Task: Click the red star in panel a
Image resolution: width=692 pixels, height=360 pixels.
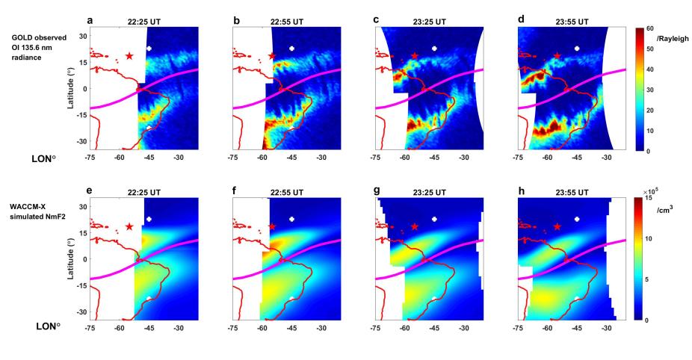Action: point(129,56)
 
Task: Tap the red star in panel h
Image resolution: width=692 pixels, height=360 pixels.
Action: point(557,226)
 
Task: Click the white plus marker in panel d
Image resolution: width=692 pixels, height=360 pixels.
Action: point(576,49)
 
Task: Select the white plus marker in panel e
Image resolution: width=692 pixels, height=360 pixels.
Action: point(149,219)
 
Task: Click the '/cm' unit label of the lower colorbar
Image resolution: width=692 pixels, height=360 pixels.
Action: point(665,210)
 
